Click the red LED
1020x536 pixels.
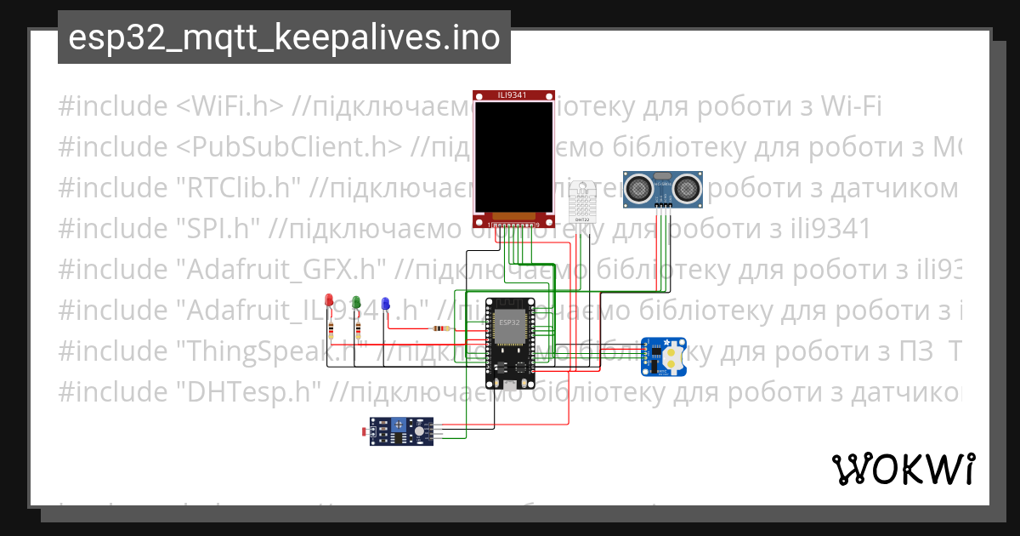pos(330,299)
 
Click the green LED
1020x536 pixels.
pos(356,301)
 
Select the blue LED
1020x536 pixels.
pos(385,303)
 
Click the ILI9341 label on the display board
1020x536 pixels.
pos(511,96)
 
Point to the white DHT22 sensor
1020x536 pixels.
pos(582,202)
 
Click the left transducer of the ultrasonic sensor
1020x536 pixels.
pos(638,186)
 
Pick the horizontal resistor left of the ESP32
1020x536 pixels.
pos(440,328)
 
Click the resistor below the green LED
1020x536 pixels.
pos(359,330)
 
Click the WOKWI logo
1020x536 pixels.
pos(903,469)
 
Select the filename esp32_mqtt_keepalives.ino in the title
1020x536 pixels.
pos(284,38)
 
